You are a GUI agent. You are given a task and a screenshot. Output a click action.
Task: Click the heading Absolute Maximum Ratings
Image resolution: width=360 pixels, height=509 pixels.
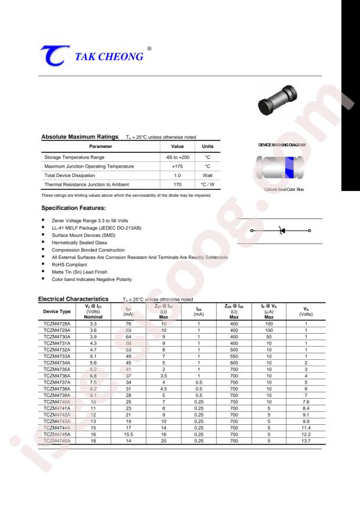click(80, 136)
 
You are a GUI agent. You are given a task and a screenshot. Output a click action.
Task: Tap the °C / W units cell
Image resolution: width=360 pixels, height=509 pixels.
click(207, 185)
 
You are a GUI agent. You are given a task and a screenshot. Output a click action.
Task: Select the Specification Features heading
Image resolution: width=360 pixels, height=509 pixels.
click(73, 207)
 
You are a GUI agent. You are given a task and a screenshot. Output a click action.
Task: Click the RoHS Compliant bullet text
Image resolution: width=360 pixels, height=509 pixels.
click(69, 264)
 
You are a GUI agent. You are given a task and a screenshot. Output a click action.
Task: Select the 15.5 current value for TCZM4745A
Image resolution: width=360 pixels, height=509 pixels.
click(129, 435)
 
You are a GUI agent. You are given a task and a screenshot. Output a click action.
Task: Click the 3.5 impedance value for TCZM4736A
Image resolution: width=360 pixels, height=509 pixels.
click(164, 376)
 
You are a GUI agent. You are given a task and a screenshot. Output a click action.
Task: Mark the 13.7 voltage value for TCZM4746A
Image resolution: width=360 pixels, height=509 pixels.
click(305, 442)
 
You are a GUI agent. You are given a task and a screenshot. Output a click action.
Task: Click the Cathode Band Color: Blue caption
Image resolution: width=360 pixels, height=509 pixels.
click(280, 190)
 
